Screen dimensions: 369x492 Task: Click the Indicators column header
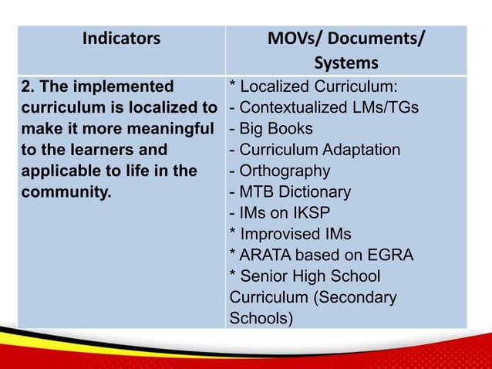coord(121,38)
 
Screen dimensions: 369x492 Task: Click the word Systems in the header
coord(345,62)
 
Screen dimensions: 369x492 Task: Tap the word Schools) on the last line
coord(261,317)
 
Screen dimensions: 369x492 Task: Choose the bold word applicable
coord(61,171)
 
